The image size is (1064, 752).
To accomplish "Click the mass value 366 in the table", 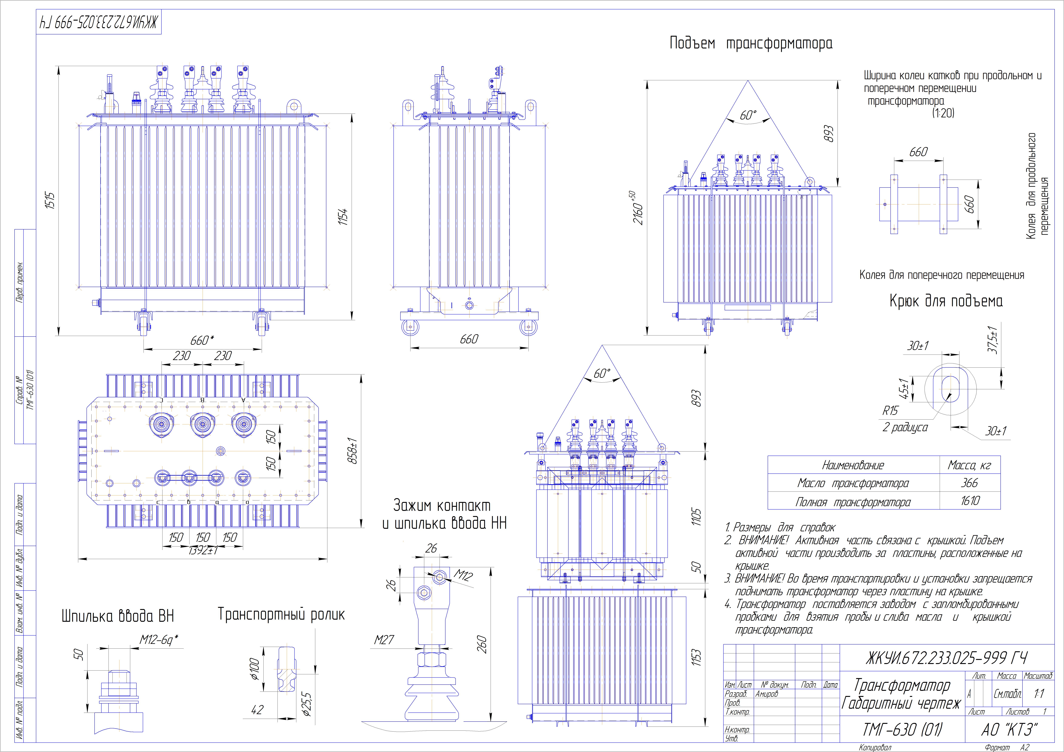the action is click(x=969, y=483).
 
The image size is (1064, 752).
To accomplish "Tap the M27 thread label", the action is click(x=384, y=640).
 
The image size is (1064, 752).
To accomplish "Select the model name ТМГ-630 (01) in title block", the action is click(x=902, y=730).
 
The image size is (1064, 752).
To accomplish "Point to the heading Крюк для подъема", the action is click(x=946, y=301).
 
